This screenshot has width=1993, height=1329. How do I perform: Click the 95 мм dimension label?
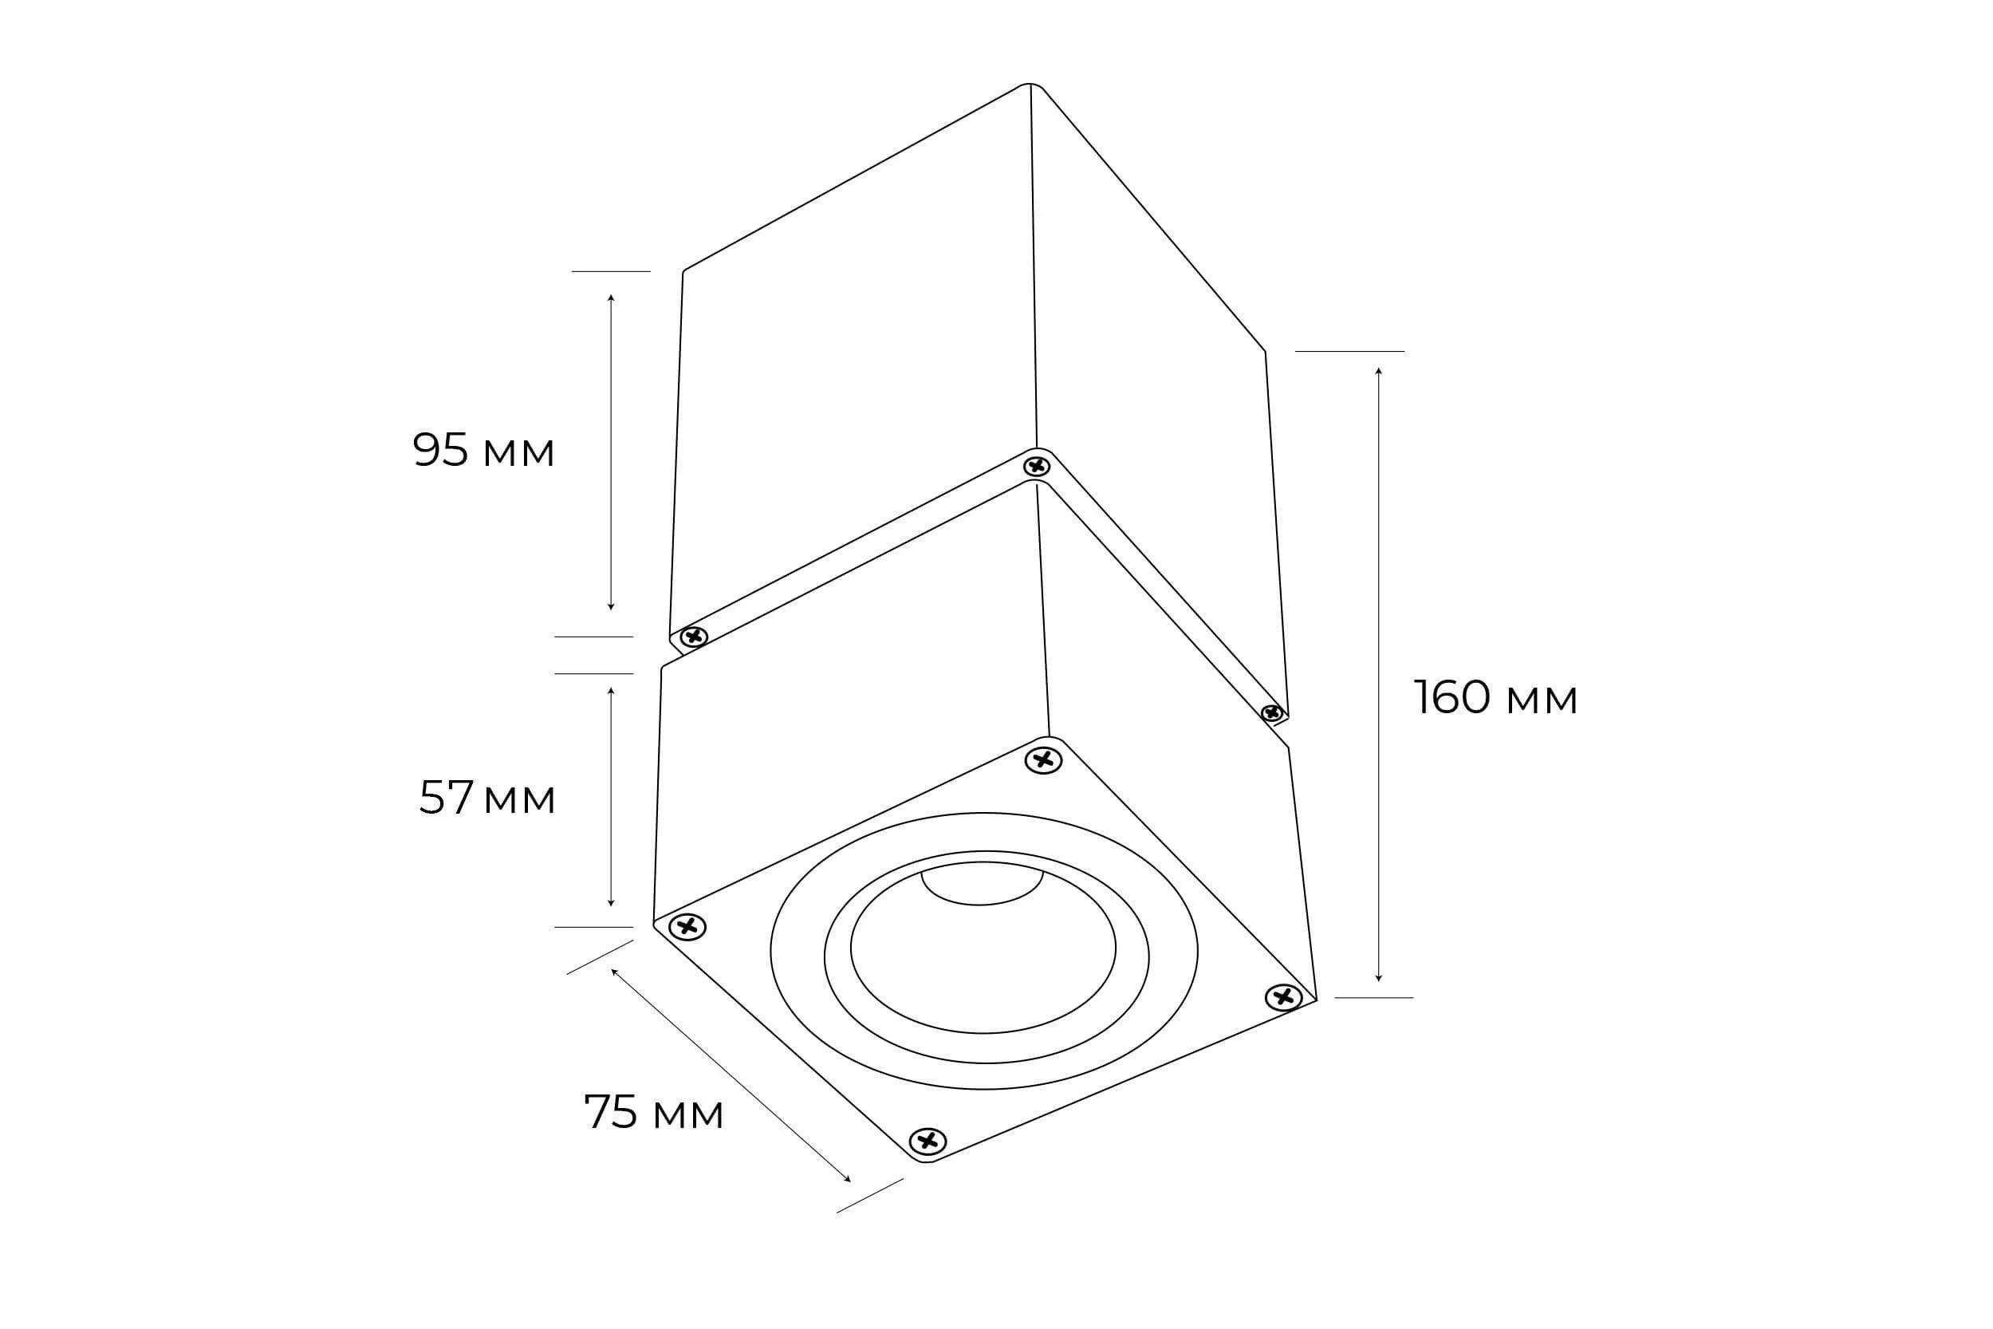pyautogui.click(x=483, y=450)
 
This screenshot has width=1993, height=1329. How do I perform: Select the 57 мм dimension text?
pyautogui.click(x=487, y=798)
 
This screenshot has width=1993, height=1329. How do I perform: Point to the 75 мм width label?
pyautogui.click(x=653, y=1113)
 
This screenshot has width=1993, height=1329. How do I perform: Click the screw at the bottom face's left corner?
pyautogui.click(x=687, y=927)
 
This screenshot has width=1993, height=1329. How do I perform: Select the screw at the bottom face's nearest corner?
pyautogui.click(x=928, y=1141)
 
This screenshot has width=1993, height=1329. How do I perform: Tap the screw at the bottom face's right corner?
pyautogui.click(x=1284, y=998)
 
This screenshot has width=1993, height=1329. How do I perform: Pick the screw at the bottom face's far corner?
pyautogui.click(x=1043, y=760)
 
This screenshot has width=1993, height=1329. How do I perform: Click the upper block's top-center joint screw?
pyautogui.click(x=1036, y=466)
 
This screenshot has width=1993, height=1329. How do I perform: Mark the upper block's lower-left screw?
pyautogui.click(x=694, y=637)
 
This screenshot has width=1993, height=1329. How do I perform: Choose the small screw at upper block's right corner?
pyautogui.click(x=1271, y=713)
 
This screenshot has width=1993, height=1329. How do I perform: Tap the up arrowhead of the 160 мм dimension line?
pyautogui.click(x=1379, y=371)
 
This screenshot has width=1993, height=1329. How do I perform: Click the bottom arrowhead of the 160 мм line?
pyautogui.click(x=1379, y=979)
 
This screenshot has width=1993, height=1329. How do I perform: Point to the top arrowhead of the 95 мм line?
pyautogui.click(x=610, y=298)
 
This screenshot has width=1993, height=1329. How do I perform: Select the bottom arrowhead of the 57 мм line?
pyautogui.click(x=610, y=905)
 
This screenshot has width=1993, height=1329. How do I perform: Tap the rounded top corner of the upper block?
pyautogui.click(x=1030, y=85)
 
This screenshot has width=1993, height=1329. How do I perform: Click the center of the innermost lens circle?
pyautogui.click(x=983, y=948)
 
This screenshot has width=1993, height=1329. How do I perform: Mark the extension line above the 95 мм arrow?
pyautogui.click(x=610, y=271)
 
